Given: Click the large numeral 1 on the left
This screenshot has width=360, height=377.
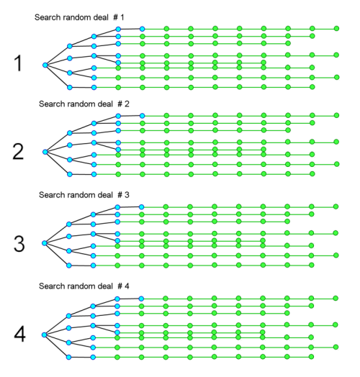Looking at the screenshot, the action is point(19,63).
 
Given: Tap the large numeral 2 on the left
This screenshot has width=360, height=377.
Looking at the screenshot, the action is point(18,152).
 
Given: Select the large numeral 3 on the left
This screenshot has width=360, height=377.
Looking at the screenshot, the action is point(19,244).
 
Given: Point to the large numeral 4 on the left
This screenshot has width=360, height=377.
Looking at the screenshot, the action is point(19,335).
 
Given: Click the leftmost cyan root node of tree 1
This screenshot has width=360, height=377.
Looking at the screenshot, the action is point(45,65).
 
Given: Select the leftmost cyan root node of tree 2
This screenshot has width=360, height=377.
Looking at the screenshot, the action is point(45,152).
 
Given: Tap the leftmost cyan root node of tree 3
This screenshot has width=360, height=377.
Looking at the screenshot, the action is point(45,243).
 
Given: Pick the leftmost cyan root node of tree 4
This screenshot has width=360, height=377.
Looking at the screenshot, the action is point(44,335).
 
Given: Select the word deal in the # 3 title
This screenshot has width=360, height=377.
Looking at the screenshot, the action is point(105,195).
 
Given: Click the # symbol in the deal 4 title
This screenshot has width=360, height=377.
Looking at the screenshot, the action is point(120,286).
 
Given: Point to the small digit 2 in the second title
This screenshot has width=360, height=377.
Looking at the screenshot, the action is point(127,104).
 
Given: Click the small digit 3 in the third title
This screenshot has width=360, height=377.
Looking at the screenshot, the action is point(127,195).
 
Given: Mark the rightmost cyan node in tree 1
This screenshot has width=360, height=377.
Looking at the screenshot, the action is point(143,29).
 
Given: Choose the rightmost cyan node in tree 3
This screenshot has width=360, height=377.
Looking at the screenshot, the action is point(142,206).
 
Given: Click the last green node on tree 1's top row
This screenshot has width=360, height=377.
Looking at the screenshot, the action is point(336,28).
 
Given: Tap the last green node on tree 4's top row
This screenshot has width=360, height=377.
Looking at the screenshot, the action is point(336,298).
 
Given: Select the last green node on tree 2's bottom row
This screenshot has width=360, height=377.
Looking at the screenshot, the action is point(312,173).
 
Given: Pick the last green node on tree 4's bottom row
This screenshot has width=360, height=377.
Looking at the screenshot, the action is point(311,356).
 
